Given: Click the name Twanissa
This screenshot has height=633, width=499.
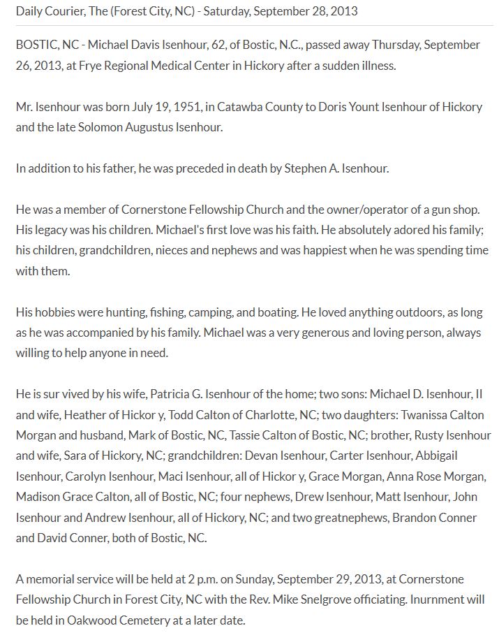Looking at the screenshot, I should tap(424, 415).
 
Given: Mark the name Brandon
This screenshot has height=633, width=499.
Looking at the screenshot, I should tap(417, 518).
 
